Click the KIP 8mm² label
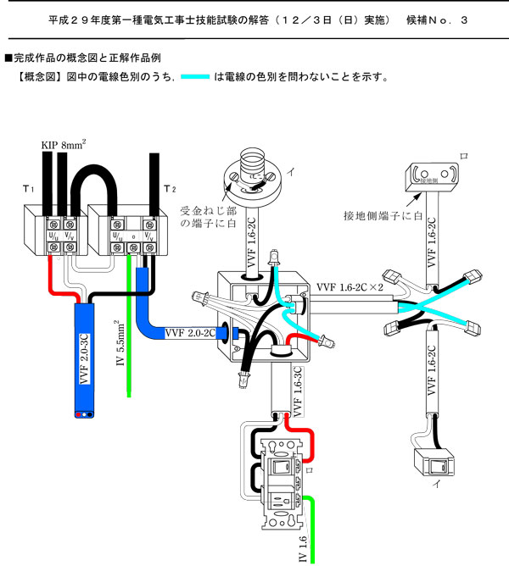click(x=64, y=145)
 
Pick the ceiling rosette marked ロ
click(x=433, y=176)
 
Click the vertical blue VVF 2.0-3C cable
click(x=84, y=356)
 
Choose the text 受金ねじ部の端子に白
click(x=208, y=215)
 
